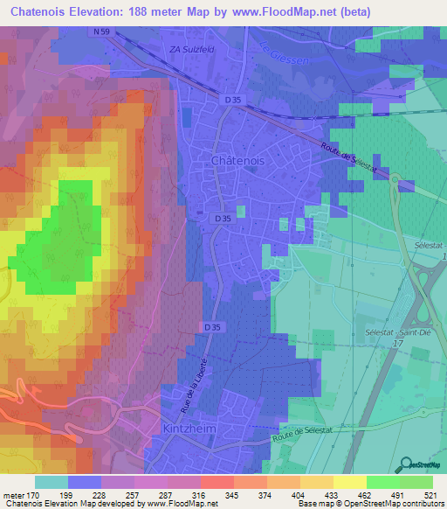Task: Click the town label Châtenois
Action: [x=238, y=161]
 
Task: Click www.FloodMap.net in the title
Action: [x=282, y=12]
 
